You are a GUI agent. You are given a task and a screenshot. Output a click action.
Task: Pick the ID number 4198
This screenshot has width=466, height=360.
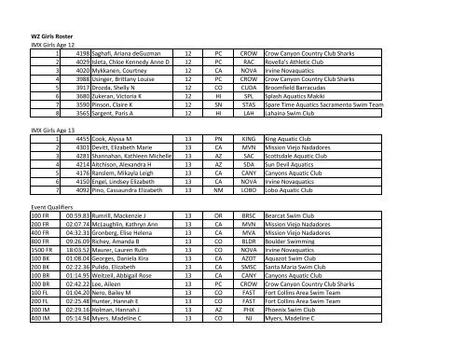(75, 55)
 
